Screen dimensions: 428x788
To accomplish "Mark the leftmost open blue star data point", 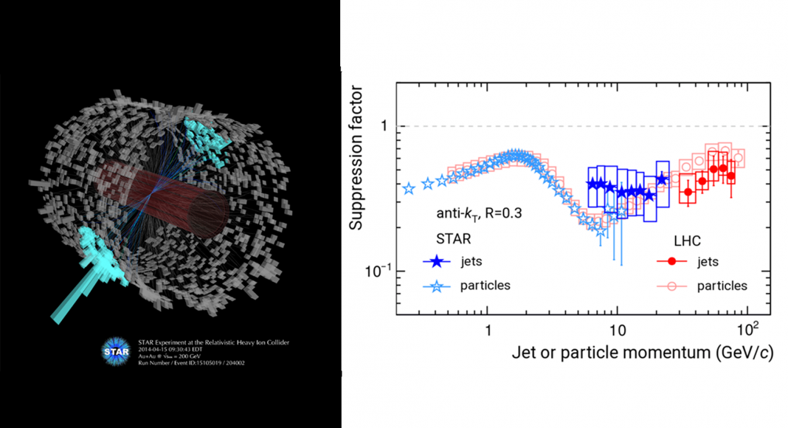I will point(409,189).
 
